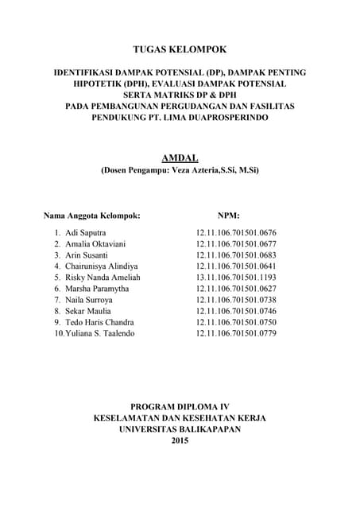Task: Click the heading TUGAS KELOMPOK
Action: [180, 49]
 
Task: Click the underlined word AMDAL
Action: [180, 158]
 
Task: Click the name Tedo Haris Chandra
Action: [99, 322]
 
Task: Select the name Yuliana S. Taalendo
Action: [99, 333]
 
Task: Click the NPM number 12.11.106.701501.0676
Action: [236, 232]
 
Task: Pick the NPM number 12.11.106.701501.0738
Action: [236, 300]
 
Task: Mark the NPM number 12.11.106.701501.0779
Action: [236, 333]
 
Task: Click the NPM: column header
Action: [229, 215]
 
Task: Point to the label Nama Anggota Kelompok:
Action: [92, 215]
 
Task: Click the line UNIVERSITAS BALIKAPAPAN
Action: [180, 428]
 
